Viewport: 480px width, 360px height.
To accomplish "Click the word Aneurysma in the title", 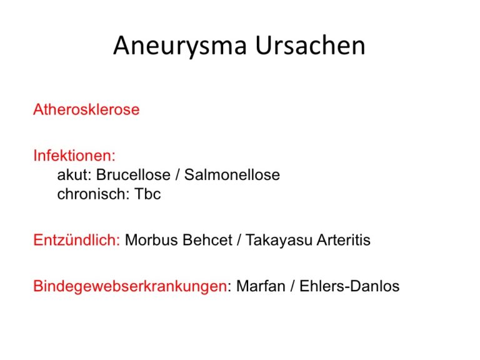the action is point(180,46).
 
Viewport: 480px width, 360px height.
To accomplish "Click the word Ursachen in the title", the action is point(310,45).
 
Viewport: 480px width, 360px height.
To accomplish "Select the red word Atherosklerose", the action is point(86,109).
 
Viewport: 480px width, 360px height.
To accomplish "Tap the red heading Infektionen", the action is point(74,156).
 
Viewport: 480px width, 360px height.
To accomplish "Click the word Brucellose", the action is point(133,175).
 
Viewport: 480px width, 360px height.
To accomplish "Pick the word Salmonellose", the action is point(232,175).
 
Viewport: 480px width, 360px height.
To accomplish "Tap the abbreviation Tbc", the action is point(147,194).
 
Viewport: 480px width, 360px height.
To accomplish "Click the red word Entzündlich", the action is point(76,240).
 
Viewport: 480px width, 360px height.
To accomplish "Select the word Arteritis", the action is point(344,240).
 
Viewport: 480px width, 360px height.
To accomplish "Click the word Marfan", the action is point(261,286).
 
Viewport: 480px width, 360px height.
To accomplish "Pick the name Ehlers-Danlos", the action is point(349,286).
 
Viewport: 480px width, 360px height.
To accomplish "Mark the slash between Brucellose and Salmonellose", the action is point(177,175).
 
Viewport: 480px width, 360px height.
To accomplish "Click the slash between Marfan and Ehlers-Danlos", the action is point(292,286).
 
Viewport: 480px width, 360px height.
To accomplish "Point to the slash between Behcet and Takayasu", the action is point(239,240).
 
